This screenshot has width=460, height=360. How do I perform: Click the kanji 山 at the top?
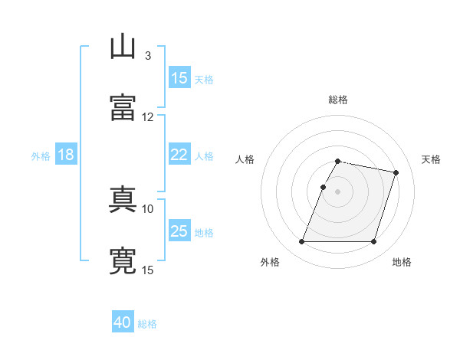[x=123, y=47]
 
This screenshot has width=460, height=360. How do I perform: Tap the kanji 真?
[x=123, y=201]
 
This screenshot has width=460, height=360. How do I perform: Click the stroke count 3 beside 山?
[x=147, y=56]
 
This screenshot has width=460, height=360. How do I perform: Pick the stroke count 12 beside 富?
[x=148, y=116]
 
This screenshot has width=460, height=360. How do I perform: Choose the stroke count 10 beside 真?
[x=148, y=208]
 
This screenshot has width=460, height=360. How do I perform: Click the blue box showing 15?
[x=179, y=77]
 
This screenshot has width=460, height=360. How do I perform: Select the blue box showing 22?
[x=179, y=155]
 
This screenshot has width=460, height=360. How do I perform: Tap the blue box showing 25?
[x=179, y=231]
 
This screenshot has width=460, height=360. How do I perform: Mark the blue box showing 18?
[x=66, y=155]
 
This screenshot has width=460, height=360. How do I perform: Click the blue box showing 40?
[x=123, y=322]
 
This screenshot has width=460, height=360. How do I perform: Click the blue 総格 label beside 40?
[x=147, y=324]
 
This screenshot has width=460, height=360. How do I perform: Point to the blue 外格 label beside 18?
[x=41, y=156]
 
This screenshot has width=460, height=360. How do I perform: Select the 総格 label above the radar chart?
[x=338, y=100]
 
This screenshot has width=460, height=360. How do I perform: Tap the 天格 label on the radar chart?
[x=431, y=159]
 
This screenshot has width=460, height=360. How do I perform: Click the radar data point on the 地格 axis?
[x=373, y=242]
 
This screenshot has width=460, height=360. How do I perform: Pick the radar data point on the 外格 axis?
[x=302, y=242]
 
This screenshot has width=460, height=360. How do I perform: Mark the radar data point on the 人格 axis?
[x=323, y=187]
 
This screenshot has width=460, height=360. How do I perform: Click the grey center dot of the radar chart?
[x=338, y=191]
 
